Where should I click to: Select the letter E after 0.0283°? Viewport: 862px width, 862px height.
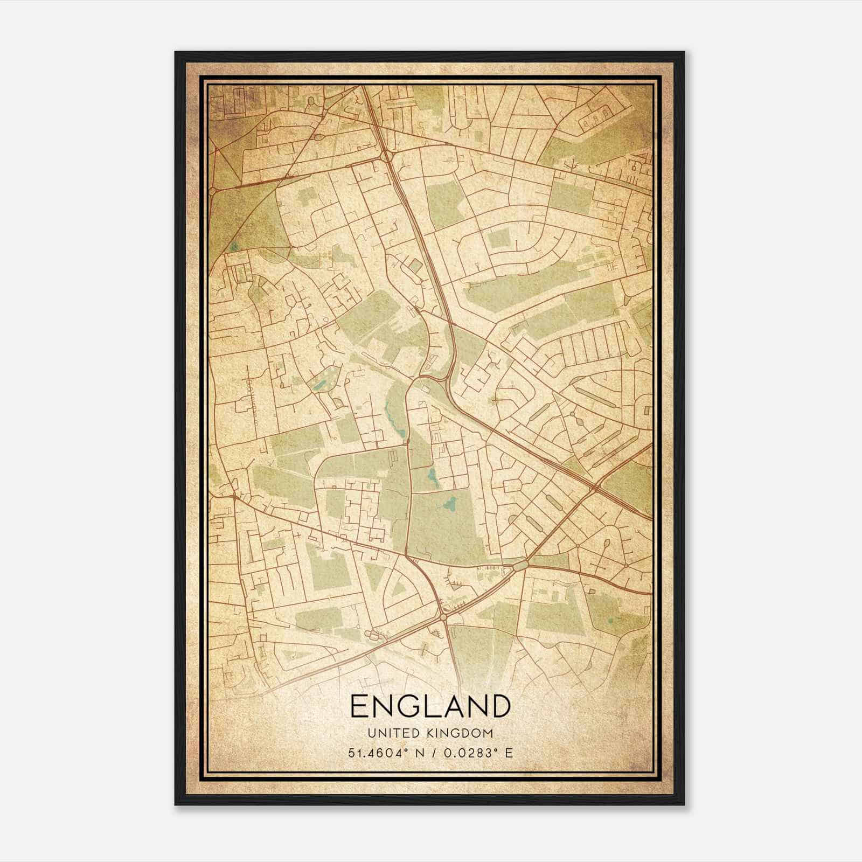click(509, 753)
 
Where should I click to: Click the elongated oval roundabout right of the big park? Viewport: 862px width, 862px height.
click(521, 566)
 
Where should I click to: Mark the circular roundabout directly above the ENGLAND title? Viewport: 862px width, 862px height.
click(443, 616)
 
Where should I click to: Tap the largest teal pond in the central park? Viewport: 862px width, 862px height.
click(449, 505)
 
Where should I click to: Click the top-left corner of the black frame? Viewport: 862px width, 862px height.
click(175, 52)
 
